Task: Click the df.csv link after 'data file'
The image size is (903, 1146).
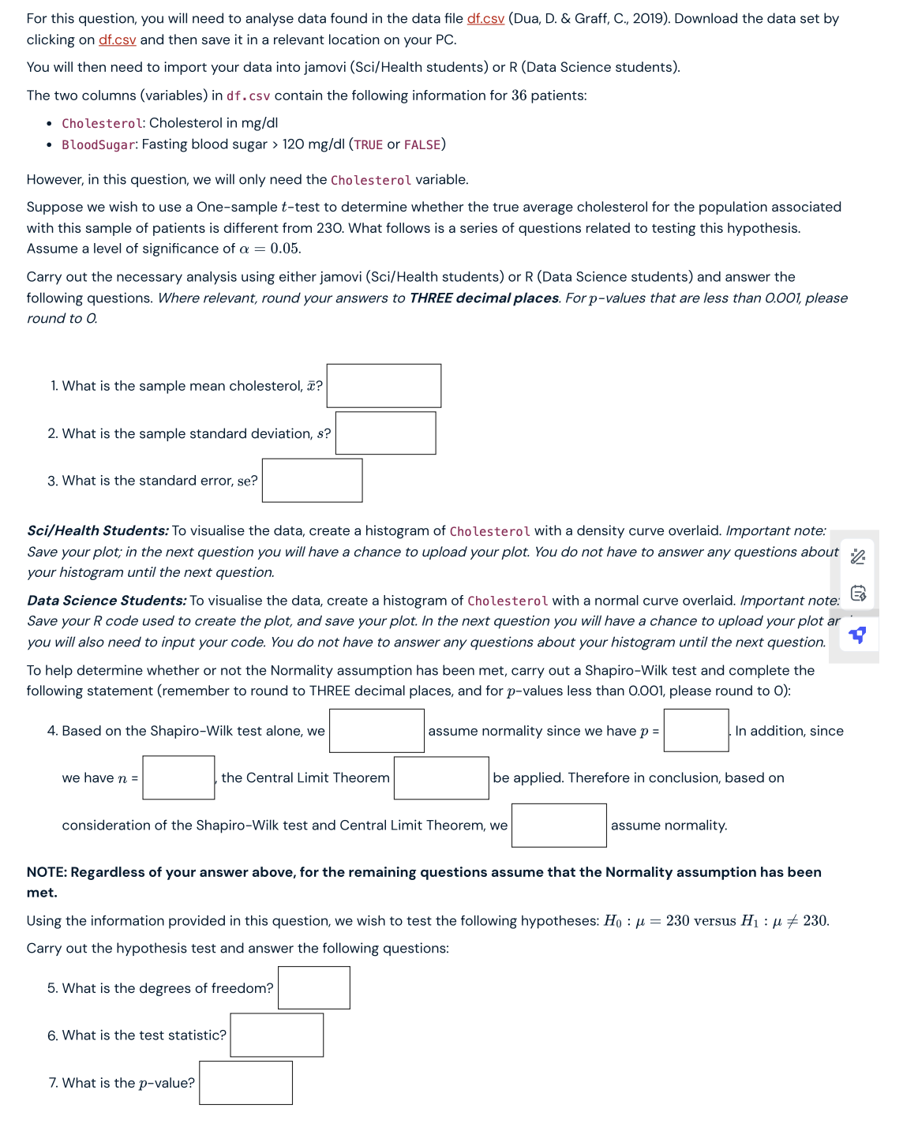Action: pyautogui.click(x=485, y=18)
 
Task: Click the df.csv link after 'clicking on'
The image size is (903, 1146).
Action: pyautogui.click(x=117, y=39)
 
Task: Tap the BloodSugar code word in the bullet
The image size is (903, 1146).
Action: pyautogui.click(x=99, y=144)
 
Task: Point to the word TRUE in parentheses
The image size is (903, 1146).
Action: pyautogui.click(x=368, y=144)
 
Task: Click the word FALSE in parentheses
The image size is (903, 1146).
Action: pyautogui.click(x=422, y=144)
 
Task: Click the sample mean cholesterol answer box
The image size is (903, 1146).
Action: pyautogui.click(x=384, y=386)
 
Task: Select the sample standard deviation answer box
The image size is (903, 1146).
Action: pyautogui.click(x=385, y=433)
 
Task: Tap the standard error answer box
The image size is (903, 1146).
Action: pyautogui.click(x=312, y=481)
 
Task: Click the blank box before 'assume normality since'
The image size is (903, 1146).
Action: pyautogui.click(x=377, y=731)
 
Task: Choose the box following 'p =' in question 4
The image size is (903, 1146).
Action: pyautogui.click(x=695, y=731)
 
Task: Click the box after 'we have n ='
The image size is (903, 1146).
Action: pyautogui.click(x=178, y=778)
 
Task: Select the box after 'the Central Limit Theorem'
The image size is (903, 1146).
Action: pyautogui.click(x=441, y=778)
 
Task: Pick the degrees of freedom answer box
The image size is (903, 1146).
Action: pyautogui.click(x=313, y=988)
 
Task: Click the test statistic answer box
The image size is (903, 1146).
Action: pyautogui.click(x=276, y=1036)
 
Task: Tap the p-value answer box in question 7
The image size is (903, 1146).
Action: pyautogui.click(x=245, y=1083)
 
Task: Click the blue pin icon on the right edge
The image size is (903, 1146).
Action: pyautogui.click(x=857, y=635)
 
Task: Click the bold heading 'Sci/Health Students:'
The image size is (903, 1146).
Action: pyautogui.click(x=98, y=531)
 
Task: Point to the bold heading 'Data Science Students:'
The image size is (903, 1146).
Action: pyautogui.click(x=107, y=601)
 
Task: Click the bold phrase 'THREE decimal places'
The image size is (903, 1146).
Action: pyautogui.click(x=484, y=298)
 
